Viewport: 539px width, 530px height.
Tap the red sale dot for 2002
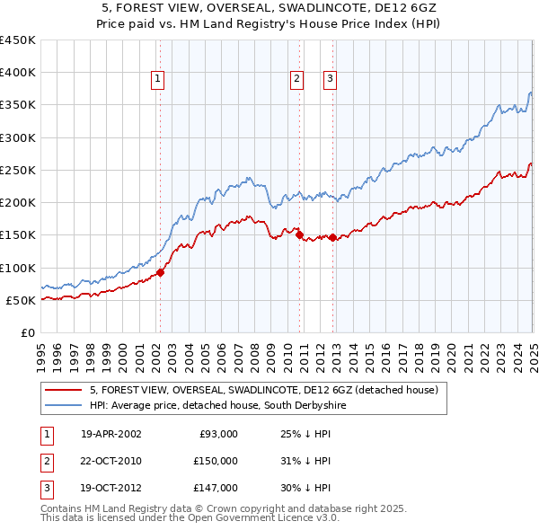(161, 272)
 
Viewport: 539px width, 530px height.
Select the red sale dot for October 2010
(299, 235)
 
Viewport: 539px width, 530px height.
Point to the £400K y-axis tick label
(18, 73)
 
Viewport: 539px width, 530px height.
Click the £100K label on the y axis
(18, 268)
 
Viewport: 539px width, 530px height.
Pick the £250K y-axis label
(18, 171)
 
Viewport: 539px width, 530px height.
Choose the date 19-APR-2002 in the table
(110, 434)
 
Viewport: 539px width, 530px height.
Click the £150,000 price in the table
(216, 461)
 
